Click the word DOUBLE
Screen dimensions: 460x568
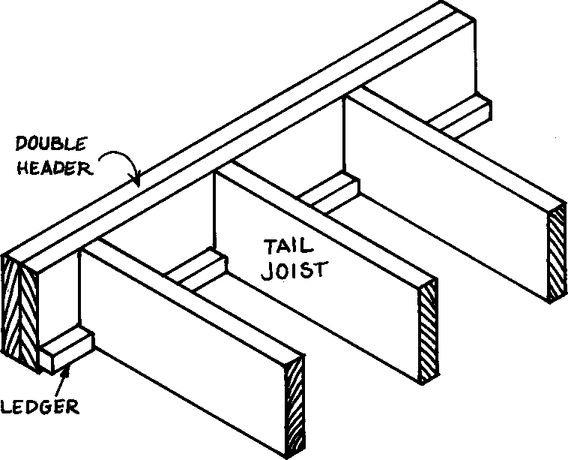[42, 144]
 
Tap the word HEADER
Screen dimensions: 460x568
[56, 167]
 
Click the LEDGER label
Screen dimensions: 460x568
[39, 407]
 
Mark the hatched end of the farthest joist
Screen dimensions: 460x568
[555, 255]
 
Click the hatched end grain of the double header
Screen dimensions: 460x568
[19, 315]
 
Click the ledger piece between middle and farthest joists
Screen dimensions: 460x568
[330, 193]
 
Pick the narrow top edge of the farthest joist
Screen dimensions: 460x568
[457, 143]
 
